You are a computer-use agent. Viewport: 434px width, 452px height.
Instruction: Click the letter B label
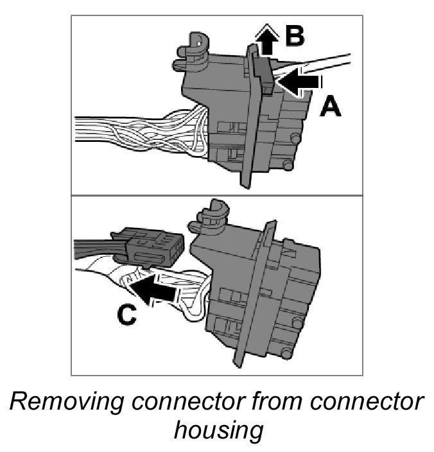point(295,36)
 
